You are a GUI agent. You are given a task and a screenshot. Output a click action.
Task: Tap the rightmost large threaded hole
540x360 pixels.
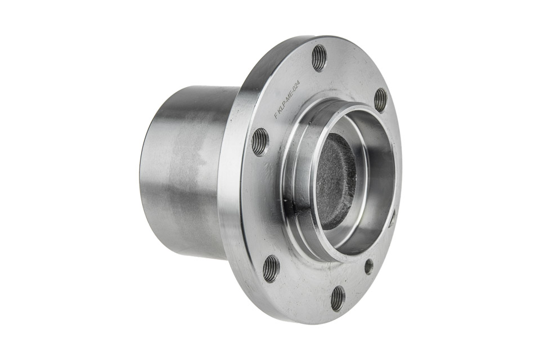pyautogui.click(x=381, y=98)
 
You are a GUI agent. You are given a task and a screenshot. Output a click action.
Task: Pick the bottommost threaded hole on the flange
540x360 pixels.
pyautogui.click(x=338, y=297)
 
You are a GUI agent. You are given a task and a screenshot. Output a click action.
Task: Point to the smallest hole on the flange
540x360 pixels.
pyautogui.click(x=369, y=265)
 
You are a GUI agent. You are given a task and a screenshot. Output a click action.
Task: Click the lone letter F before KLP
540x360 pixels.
pyautogui.click(x=276, y=116)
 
